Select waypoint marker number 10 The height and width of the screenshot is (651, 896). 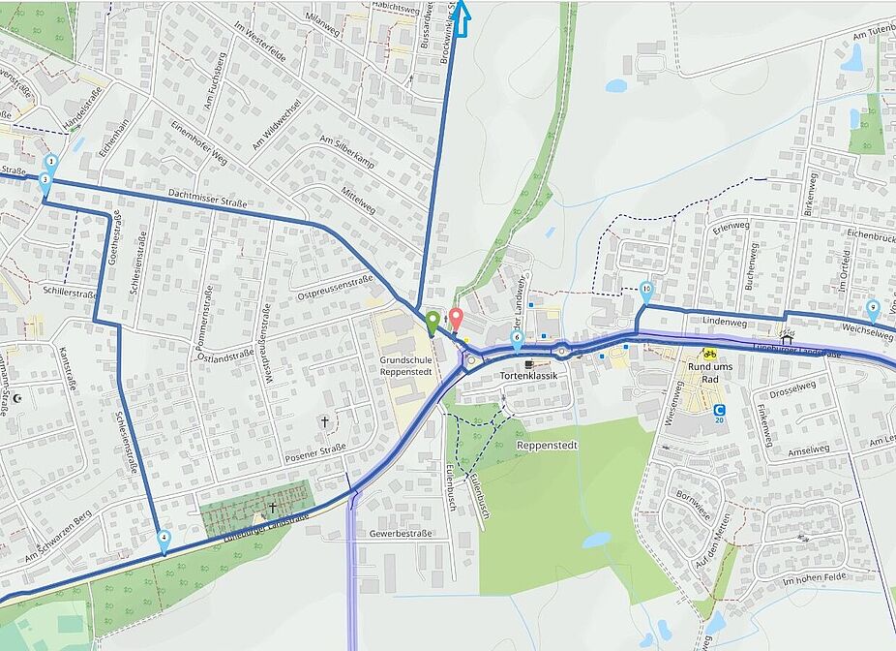pyautogui.click(x=646, y=290)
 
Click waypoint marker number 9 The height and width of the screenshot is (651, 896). pyautogui.click(x=873, y=310)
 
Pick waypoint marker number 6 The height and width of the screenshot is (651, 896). pyautogui.click(x=517, y=339)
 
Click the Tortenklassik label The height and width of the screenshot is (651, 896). pyautogui.click(x=528, y=375)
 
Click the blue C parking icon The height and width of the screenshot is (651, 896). pyautogui.click(x=719, y=410)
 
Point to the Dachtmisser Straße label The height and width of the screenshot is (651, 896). pyautogui.click(x=207, y=198)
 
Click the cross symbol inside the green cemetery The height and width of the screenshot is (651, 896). pyautogui.click(x=272, y=507)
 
